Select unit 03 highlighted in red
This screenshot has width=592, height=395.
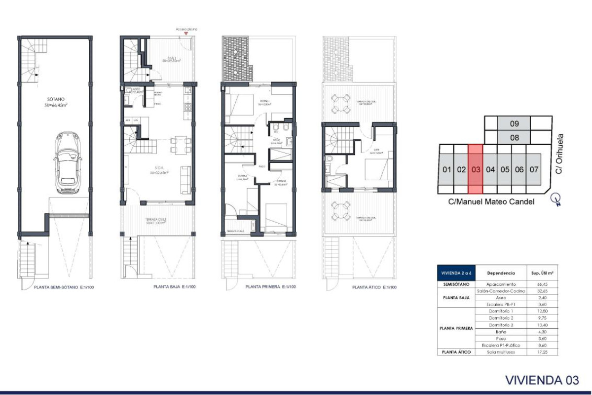pyautogui.click(x=475, y=169)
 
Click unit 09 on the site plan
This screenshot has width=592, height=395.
pyautogui.click(x=515, y=123)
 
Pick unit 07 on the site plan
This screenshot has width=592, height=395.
pyautogui.click(x=533, y=169)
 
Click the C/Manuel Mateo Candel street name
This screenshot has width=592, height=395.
pyautogui.click(x=491, y=201)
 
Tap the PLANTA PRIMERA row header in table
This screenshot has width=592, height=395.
pyautogui.click(x=456, y=328)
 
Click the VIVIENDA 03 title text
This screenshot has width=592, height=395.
pyautogui.click(x=542, y=380)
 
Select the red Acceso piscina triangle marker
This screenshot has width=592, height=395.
pyautogui.click(x=185, y=34)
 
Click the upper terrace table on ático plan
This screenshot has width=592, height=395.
pyautogui.click(x=338, y=104)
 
